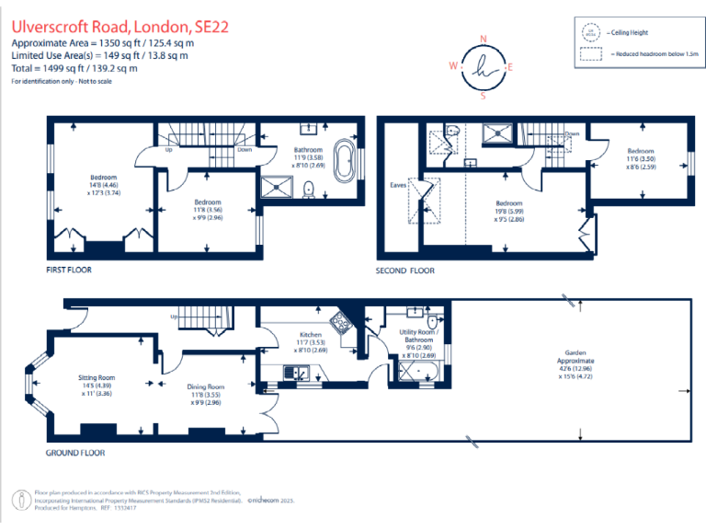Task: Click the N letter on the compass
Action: click(484, 40)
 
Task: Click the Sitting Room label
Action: click(95, 377)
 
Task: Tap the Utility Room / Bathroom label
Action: click(418, 336)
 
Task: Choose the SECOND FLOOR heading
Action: click(404, 271)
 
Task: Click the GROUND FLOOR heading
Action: click(75, 453)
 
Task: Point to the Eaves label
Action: click(398, 185)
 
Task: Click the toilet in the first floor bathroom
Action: click(309, 189)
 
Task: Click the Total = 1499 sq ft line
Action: click(74, 68)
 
